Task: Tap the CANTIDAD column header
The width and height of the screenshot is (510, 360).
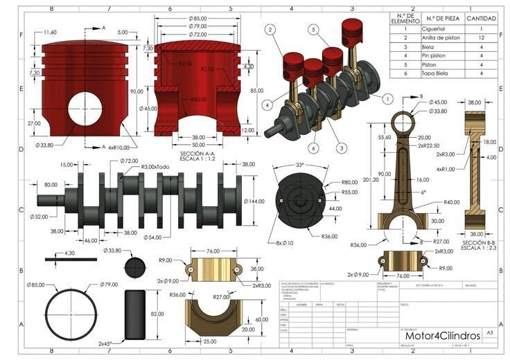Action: (x=480, y=19)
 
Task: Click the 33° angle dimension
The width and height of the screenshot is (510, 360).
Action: (x=299, y=166)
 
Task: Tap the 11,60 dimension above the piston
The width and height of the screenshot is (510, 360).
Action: (x=50, y=33)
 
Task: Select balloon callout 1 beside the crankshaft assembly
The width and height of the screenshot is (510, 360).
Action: (x=387, y=98)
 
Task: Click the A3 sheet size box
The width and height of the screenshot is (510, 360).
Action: (x=491, y=333)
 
